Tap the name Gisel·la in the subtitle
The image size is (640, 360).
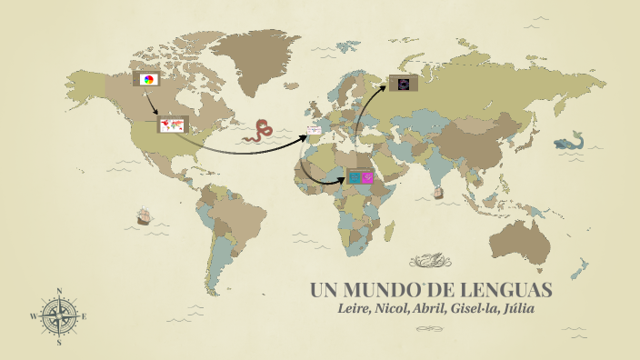point(477,311)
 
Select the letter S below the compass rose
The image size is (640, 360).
point(59,343)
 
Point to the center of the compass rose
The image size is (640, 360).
point(59,316)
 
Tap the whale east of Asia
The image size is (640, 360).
point(569,144)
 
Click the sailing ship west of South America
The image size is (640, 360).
point(143,216)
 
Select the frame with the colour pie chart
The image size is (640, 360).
point(147,79)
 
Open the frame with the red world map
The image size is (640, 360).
point(171,126)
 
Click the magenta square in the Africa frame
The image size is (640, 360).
point(367,177)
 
